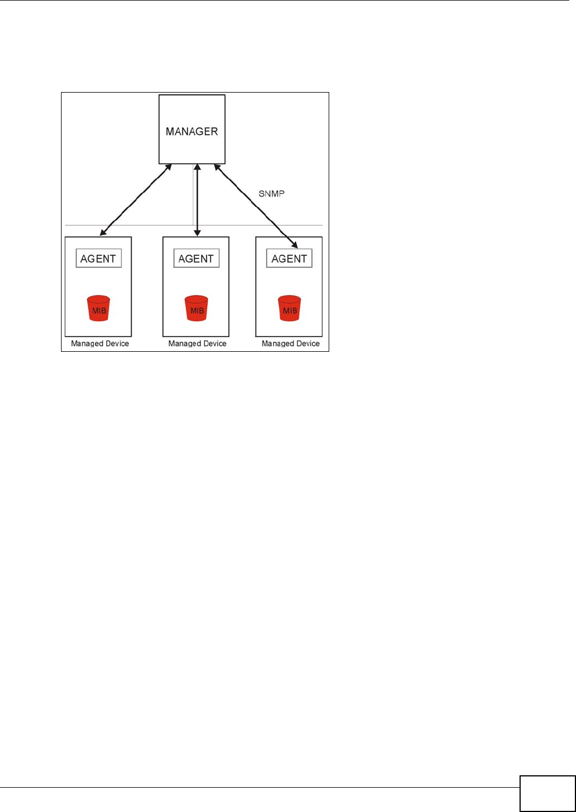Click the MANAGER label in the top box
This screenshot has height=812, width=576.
[x=191, y=132]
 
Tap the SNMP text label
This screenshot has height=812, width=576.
[x=272, y=194]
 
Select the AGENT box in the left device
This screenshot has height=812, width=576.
[x=98, y=259]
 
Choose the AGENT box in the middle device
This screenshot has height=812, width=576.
[x=196, y=259]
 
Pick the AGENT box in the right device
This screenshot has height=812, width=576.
[x=289, y=259]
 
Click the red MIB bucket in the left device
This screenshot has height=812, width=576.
[x=99, y=308]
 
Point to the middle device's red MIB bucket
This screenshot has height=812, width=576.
[x=197, y=308]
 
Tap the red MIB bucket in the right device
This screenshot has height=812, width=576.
[x=290, y=308]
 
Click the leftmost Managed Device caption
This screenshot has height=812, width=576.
[x=100, y=343]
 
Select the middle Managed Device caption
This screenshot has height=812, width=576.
[x=197, y=343]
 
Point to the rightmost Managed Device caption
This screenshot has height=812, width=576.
[x=290, y=343]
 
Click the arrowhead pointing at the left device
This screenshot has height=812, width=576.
[x=103, y=232]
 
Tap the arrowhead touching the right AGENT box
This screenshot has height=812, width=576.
[x=294, y=245]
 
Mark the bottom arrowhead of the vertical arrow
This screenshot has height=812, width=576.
[x=197, y=233]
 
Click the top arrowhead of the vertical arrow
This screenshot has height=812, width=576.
[x=197, y=168]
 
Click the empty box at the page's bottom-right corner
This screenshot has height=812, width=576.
[x=547, y=793]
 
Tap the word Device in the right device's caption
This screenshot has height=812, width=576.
[x=308, y=343]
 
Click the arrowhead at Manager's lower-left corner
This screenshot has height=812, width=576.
[x=168, y=168]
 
